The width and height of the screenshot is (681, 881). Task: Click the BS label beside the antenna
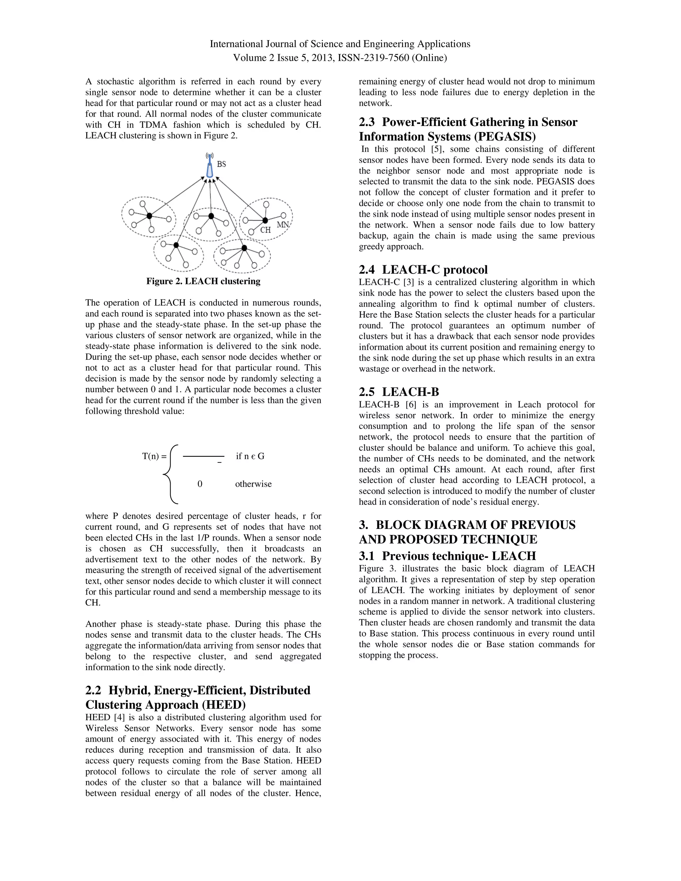tap(221, 164)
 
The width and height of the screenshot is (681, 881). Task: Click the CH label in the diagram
tap(265, 230)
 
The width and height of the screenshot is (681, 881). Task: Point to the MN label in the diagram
tap(283, 224)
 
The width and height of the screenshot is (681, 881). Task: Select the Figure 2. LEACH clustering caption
tap(203, 281)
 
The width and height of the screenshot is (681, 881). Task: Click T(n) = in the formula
tap(154, 456)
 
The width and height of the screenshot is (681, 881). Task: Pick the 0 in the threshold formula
tap(200, 484)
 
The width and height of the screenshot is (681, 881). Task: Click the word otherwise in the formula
tap(253, 484)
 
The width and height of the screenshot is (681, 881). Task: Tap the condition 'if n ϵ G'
tap(250, 456)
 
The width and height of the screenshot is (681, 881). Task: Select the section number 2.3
tap(367, 122)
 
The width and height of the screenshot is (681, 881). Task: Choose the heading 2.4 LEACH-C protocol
tap(423, 270)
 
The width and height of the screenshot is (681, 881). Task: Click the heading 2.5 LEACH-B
tap(399, 392)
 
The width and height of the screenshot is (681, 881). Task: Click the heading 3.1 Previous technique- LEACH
tap(448, 556)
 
